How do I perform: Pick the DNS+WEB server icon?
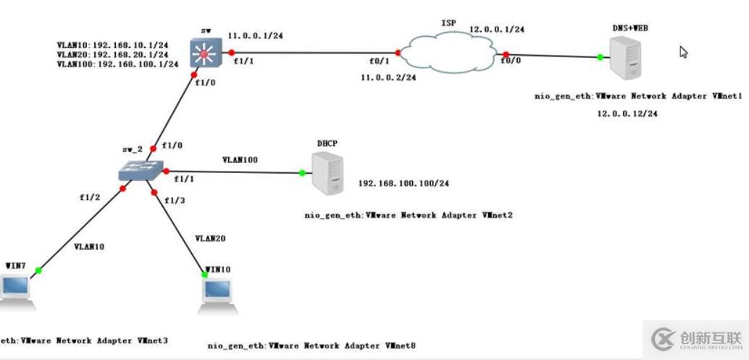[x=626, y=59]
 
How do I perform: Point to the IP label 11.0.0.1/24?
[x=256, y=35]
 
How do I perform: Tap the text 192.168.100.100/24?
[x=403, y=183]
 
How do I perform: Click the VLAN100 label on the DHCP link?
[x=240, y=159]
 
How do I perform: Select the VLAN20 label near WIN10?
[x=211, y=238]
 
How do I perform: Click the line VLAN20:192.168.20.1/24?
[x=112, y=54]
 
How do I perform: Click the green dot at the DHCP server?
[x=301, y=173]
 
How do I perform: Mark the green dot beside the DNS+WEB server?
[x=600, y=57]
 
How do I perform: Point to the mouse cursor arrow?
[x=682, y=51]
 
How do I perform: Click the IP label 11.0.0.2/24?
[x=388, y=76]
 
